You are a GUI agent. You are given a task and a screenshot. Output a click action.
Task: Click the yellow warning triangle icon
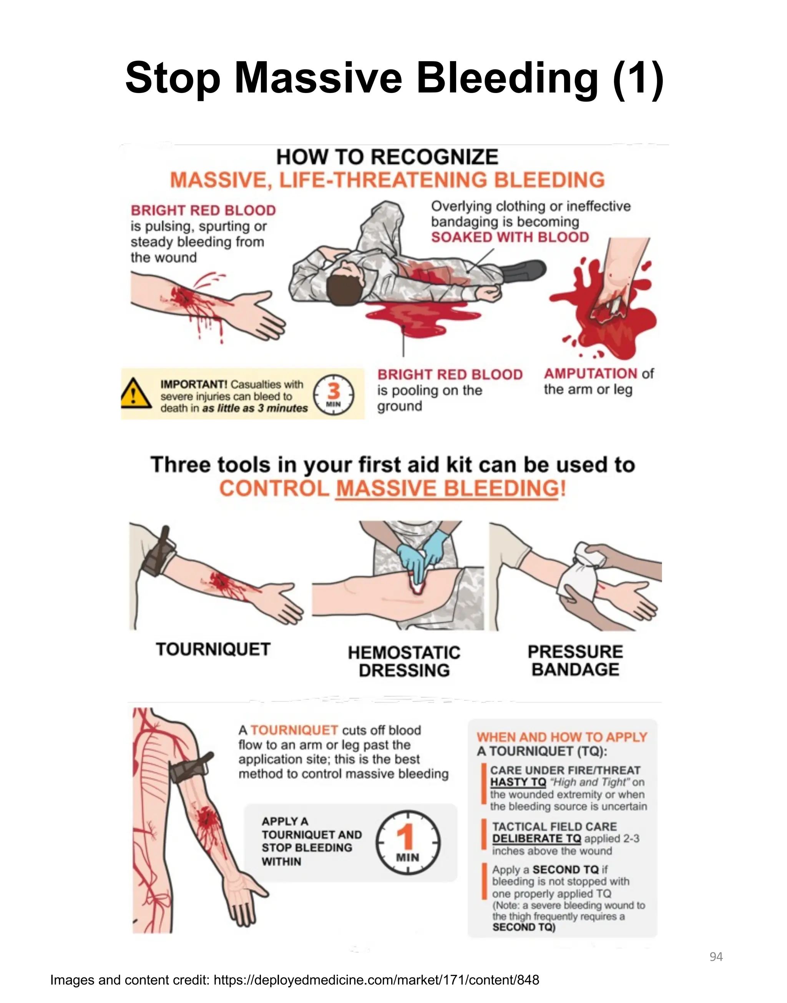click(136, 394)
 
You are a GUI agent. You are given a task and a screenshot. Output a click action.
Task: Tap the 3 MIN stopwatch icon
click(334, 395)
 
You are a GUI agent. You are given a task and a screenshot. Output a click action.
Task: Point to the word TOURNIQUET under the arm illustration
click(213, 649)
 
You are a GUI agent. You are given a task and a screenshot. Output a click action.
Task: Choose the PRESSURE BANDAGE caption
click(575, 660)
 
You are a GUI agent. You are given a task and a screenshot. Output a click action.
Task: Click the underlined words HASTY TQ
click(518, 782)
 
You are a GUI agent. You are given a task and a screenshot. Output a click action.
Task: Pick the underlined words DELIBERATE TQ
click(536, 839)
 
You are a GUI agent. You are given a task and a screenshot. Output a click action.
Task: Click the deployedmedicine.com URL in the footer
click(376, 980)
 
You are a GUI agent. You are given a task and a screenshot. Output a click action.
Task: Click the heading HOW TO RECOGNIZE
click(387, 157)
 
